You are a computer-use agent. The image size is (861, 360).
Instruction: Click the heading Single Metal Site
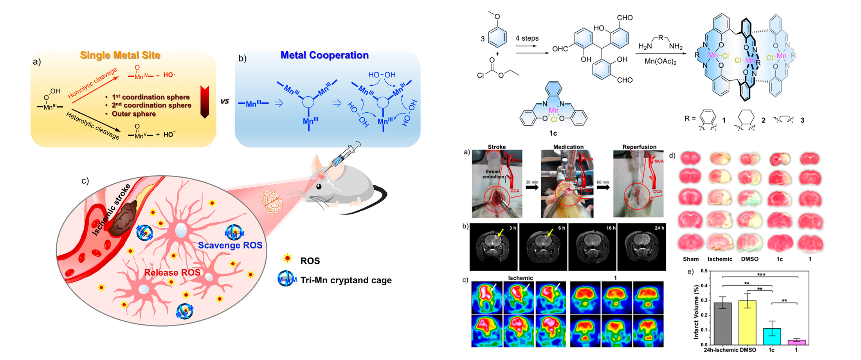(x=120, y=55)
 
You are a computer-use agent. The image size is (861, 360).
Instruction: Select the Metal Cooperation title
(x=324, y=55)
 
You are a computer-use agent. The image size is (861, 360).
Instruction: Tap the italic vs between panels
(x=225, y=101)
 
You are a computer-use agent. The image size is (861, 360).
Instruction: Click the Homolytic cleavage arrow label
(x=92, y=83)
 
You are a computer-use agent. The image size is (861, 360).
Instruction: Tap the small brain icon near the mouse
(x=271, y=202)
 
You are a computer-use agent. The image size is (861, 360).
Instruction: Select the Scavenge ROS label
(x=230, y=245)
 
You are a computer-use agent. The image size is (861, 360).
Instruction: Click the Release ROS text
(x=172, y=273)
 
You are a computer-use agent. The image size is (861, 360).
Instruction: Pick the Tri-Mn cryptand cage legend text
(x=346, y=280)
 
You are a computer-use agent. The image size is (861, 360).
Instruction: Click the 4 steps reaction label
(x=527, y=38)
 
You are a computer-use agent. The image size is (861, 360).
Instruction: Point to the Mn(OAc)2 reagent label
(x=661, y=61)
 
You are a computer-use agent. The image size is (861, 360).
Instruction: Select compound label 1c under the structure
(x=553, y=133)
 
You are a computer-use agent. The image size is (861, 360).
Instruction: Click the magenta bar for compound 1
(x=796, y=342)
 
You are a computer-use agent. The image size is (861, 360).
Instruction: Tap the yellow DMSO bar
(x=747, y=322)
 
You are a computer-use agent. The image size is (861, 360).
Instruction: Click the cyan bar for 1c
(x=771, y=337)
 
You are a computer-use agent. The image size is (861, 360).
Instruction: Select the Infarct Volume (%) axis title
(x=696, y=311)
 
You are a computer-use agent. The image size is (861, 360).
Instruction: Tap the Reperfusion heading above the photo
(x=639, y=147)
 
